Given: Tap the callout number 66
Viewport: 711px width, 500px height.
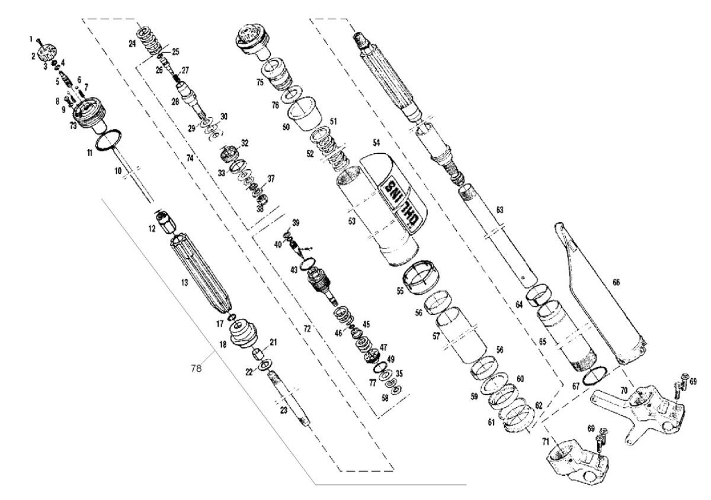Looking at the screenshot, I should click(616, 283).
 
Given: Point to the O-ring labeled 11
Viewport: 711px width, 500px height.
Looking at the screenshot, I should click(110, 142).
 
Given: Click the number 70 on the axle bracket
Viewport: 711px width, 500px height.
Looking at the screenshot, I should click(623, 391).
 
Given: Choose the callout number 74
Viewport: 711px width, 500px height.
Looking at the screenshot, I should click(190, 159).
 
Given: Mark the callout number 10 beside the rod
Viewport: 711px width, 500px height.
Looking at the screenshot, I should click(118, 170).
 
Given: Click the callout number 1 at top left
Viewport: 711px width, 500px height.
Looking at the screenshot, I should click(31, 38).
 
